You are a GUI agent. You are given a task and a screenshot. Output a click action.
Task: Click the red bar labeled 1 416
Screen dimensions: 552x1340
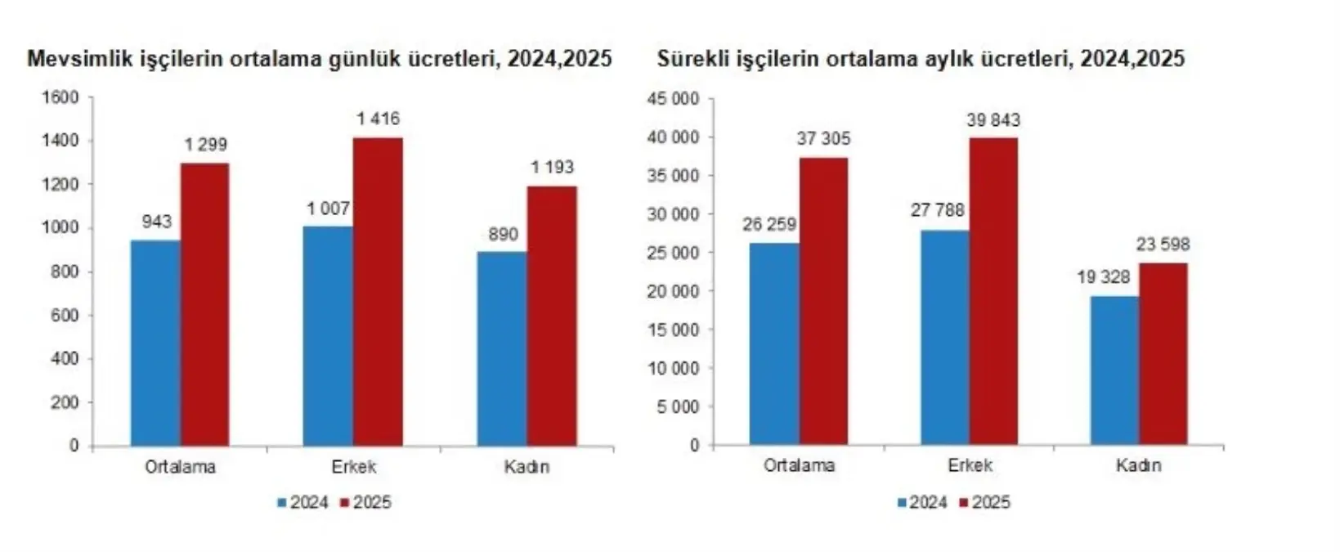pyautogui.click(x=378, y=292)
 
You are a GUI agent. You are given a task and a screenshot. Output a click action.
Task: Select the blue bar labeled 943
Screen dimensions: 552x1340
pyautogui.click(x=155, y=343)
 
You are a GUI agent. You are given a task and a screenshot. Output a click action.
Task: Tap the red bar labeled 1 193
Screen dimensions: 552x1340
pyautogui.click(x=552, y=316)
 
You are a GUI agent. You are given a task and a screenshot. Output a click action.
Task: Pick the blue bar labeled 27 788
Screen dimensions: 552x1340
pyautogui.click(x=945, y=337)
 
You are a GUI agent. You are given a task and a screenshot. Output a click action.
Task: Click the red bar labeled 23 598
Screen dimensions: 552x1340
pyautogui.click(x=1163, y=353)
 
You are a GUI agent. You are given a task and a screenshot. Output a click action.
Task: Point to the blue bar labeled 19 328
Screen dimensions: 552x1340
pyautogui.click(x=1114, y=370)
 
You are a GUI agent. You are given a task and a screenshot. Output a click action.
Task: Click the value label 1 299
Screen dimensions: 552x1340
pyautogui.click(x=205, y=146)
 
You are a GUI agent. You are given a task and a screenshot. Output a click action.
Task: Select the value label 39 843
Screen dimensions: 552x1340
pyautogui.click(x=993, y=120)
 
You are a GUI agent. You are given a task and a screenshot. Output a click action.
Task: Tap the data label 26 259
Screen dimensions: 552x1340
pyautogui.click(x=769, y=224)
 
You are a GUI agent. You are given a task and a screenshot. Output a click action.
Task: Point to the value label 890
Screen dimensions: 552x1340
pyautogui.click(x=503, y=235)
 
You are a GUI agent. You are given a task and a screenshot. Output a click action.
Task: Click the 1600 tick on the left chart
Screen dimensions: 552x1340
pyautogui.click(x=60, y=97)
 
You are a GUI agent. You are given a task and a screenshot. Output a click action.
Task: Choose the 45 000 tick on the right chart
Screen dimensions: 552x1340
pyautogui.click(x=673, y=99)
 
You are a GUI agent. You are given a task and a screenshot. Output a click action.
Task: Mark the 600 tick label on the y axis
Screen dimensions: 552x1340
pyautogui.click(x=64, y=316)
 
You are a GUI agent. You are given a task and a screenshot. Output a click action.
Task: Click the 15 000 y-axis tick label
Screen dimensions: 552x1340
pyautogui.click(x=673, y=330)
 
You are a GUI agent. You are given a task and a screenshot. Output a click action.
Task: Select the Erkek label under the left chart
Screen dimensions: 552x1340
pyautogui.click(x=354, y=467)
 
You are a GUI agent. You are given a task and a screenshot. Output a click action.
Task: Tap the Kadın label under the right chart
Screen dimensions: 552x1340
pyautogui.click(x=1138, y=465)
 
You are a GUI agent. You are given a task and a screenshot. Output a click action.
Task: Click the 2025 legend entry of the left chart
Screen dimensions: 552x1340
pyautogui.click(x=365, y=502)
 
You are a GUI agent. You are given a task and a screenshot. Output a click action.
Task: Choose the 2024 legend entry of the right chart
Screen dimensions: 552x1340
pyautogui.click(x=921, y=502)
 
